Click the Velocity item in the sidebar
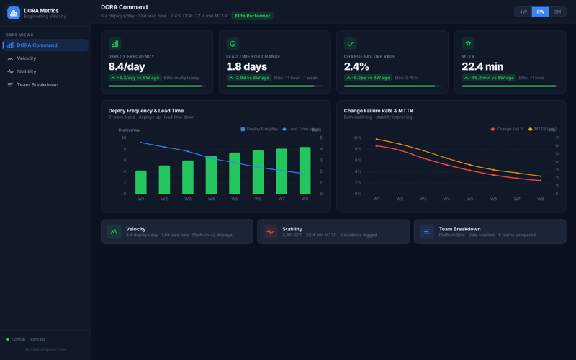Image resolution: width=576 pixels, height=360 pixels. tap(27, 58)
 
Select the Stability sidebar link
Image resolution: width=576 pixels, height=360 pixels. tap(27, 71)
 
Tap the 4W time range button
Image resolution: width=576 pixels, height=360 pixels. tap(523, 12)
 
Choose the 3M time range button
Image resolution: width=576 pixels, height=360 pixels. tap(557, 12)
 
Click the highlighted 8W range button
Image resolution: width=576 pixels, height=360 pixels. tap(540, 12)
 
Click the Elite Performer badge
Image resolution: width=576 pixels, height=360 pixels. tap(253, 16)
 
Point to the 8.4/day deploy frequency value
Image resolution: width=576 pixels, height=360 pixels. tap(127, 66)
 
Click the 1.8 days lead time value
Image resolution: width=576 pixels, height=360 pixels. tap(246, 66)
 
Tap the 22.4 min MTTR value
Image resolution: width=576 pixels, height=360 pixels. tap(482, 66)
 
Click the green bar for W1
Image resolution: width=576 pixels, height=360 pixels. tap(141, 182)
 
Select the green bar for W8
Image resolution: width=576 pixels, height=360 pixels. tap(305, 171)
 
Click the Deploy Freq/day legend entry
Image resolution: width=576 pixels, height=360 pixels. tap(259, 129)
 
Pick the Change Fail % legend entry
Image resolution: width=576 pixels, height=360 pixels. tap(508, 129)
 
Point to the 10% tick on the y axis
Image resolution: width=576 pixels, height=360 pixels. tap(357, 138)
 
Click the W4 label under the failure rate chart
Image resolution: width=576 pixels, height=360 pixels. tap(446, 199)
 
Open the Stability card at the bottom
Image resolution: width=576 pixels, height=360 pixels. tap(333, 231)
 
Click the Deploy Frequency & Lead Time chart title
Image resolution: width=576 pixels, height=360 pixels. tap(145, 111)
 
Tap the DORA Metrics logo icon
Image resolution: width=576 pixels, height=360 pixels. tap(14, 13)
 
